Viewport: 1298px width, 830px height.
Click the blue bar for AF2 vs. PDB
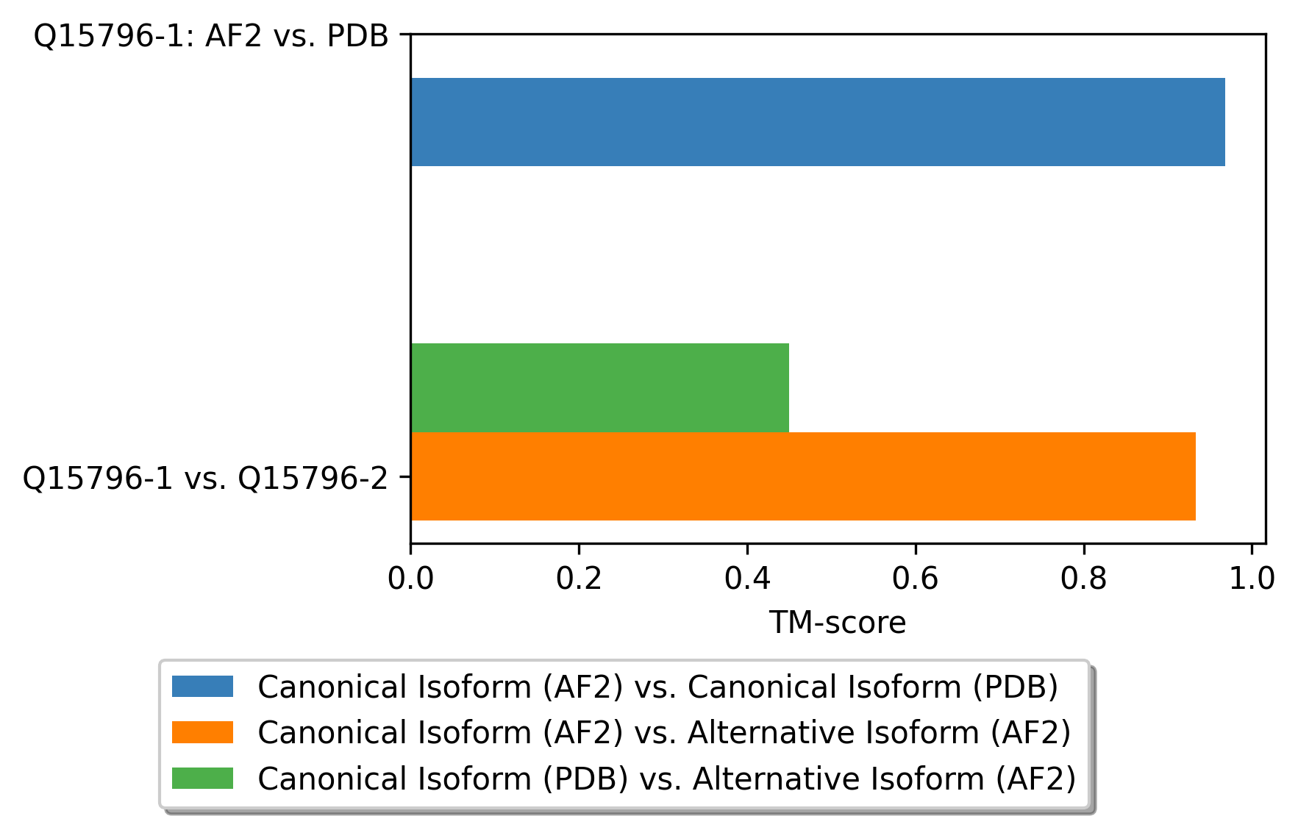pyautogui.click(x=817, y=122)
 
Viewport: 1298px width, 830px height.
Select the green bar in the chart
pyautogui.click(x=599, y=387)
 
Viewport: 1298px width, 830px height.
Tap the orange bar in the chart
pyautogui.click(x=802, y=476)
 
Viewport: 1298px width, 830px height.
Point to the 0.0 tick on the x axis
pyautogui.click(x=410, y=579)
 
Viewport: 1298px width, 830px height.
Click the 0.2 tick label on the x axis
pyautogui.click(x=579, y=579)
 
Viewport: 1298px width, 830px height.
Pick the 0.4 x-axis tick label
pyautogui.click(x=747, y=579)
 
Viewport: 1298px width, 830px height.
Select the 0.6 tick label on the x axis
pyautogui.click(x=915, y=579)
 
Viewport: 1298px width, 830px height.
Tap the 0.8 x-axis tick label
pyautogui.click(x=1083, y=579)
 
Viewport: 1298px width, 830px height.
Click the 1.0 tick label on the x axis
pyautogui.click(x=1251, y=579)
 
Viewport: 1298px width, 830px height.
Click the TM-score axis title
pyautogui.click(x=838, y=623)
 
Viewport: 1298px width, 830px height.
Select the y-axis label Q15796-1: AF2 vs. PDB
pyautogui.click(x=211, y=35)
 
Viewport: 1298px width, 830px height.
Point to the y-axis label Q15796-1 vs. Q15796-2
pyautogui.click(x=205, y=478)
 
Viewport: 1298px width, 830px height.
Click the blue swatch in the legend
pyautogui.click(x=202, y=687)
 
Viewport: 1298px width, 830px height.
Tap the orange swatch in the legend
pyautogui.click(x=202, y=732)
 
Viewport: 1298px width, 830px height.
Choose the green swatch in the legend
pyautogui.click(x=202, y=778)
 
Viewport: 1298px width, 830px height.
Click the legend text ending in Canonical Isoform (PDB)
pyautogui.click(x=657, y=687)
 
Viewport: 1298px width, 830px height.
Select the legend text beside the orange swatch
pyautogui.click(x=664, y=732)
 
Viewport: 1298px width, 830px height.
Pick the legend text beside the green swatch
pyautogui.click(x=666, y=778)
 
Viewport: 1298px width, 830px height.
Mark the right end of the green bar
pyautogui.click(x=788, y=387)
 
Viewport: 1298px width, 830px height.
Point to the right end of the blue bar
pyautogui.click(x=1224, y=122)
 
